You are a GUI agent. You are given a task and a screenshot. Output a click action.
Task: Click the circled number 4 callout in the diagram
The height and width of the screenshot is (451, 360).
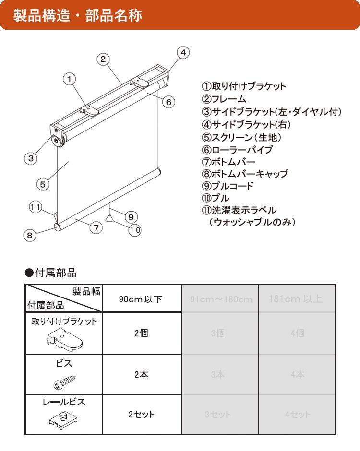click(x=183, y=52)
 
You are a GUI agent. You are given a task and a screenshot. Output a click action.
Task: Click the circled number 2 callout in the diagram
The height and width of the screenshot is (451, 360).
click(x=103, y=59)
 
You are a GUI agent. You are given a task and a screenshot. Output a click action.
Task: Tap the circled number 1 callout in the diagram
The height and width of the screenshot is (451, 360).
click(x=70, y=78)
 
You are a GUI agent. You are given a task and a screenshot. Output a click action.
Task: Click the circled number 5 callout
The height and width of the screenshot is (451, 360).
click(x=42, y=183)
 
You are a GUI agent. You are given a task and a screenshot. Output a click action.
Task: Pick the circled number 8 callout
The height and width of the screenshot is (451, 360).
click(x=30, y=235)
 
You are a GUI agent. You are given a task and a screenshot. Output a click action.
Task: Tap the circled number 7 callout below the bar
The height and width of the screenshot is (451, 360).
click(x=96, y=228)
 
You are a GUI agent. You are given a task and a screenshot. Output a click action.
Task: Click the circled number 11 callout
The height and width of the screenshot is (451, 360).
click(x=35, y=207)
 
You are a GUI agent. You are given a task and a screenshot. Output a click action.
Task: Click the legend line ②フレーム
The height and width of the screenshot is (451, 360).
click(x=224, y=99)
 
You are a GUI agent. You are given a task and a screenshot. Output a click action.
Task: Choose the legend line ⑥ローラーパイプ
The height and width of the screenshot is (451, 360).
click(x=237, y=149)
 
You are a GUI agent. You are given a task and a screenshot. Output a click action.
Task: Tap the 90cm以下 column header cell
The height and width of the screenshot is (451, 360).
click(x=141, y=299)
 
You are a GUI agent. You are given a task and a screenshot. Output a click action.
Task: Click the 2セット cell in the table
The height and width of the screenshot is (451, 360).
click(x=141, y=414)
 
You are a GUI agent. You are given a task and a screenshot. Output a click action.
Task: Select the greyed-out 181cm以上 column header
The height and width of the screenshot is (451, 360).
click(x=296, y=299)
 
